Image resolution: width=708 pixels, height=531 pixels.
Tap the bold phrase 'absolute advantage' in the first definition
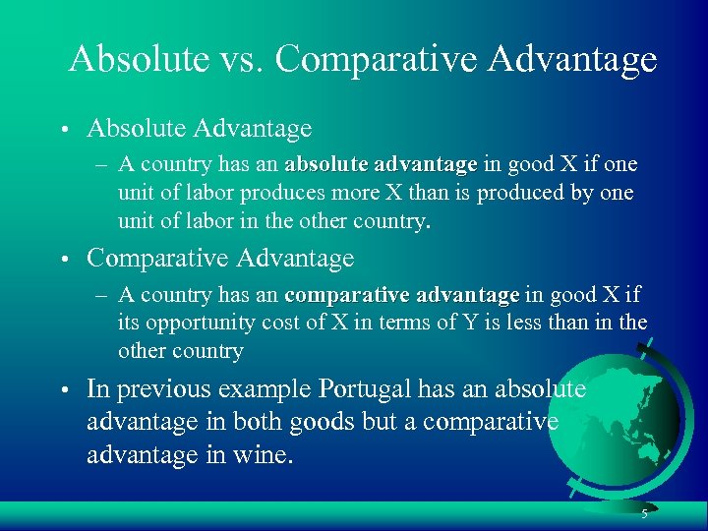(x=381, y=163)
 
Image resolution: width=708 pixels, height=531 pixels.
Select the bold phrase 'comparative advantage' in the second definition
(x=401, y=294)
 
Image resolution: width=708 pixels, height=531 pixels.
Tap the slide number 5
(x=644, y=515)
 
